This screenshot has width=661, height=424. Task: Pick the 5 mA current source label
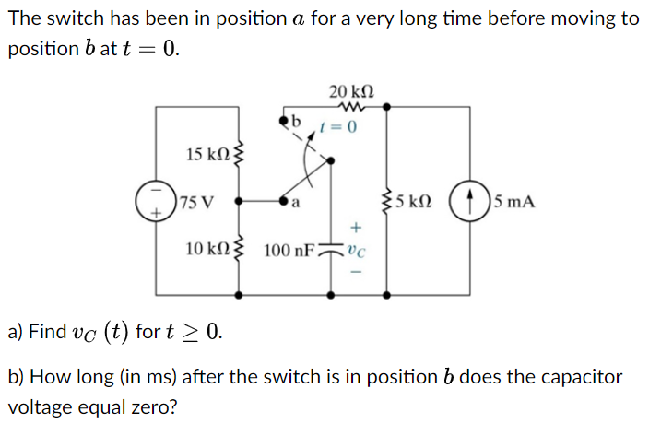[514, 201]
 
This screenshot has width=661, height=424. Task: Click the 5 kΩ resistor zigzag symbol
[387, 201]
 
